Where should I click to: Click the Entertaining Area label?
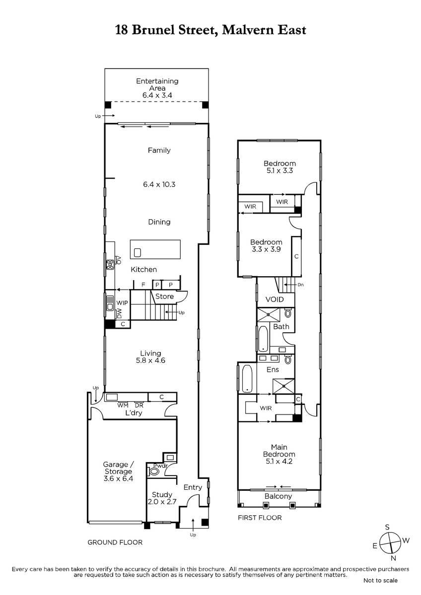(157, 84)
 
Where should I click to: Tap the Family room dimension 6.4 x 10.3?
(159, 184)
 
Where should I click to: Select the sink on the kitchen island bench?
(137, 252)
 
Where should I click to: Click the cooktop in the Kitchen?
(110, 265)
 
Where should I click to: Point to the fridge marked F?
(143, 285)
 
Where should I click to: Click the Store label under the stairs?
(164, 296)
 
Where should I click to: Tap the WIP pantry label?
(122, 303)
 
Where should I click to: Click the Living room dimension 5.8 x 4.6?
(150, 360)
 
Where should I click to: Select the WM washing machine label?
(123, 406)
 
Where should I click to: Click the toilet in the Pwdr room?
(154, 472)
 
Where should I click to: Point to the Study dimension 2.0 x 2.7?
(162, 501)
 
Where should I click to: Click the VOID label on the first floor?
(275, 299)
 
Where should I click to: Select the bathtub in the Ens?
(247, 378)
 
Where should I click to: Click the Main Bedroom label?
(279, 451)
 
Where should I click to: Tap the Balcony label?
(278, 496)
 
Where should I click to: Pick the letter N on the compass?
(393, 558)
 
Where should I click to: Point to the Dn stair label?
(300, 285)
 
